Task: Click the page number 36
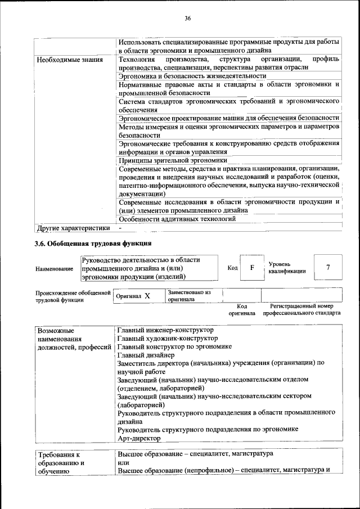tap(188, 19)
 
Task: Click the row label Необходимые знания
tap(69, 60)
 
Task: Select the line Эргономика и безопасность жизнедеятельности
tap(192, 75)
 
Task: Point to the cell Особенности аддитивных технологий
tap(177, 219)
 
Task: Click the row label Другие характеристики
tap(73, 228)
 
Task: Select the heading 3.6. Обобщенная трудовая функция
tap(93, 244)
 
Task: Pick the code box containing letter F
tap(253, 268)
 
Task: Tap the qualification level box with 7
tap(328, 268)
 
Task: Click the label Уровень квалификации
tap(287, 267)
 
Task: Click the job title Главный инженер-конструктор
tap(165, 330)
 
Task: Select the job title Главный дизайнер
tap(146, 355)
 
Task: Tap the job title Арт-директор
tap(139, 438)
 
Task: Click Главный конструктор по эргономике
tap(175, 346)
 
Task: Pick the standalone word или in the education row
tap(123, 462)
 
